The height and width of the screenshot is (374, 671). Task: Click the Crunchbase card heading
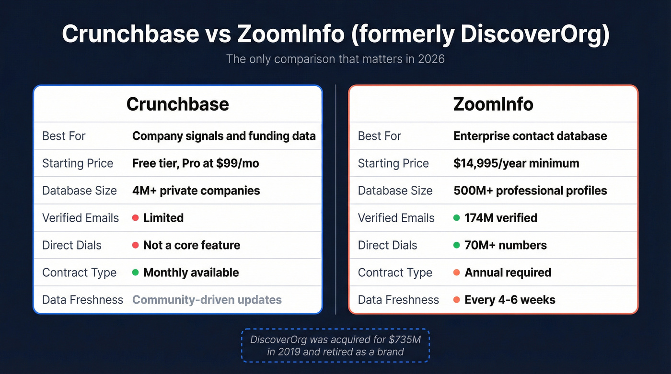tap(177, 104)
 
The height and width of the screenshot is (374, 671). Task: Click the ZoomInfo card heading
tap(493, 104)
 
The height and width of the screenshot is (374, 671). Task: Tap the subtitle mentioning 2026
tap(335, 59)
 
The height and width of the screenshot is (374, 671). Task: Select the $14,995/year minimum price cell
tap(516, 163)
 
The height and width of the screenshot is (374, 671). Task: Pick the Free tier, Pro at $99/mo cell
tap(196, 163)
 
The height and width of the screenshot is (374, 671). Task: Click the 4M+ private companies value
tap(196, 191)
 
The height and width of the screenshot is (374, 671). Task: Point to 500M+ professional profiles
tap(530, 191)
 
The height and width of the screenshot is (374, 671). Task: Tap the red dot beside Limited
tap(136, 218)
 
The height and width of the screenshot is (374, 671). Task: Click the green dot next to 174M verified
tap(457, 218)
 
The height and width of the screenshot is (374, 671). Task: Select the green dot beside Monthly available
tap(136, 272)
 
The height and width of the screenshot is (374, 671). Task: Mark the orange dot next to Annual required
tap(457, 272)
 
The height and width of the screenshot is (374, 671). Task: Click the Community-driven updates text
tap(207, 300)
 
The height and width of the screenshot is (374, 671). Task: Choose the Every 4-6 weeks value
tap(510, 300)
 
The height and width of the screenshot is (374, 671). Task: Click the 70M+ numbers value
tap(506, 245)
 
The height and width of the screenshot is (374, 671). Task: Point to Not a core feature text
tap(192, 245)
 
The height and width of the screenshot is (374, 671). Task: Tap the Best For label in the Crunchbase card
tap(64, 136)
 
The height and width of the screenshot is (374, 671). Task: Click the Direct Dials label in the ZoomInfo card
tap(387, 245)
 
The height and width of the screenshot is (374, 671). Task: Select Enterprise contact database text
tap(530, 136)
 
